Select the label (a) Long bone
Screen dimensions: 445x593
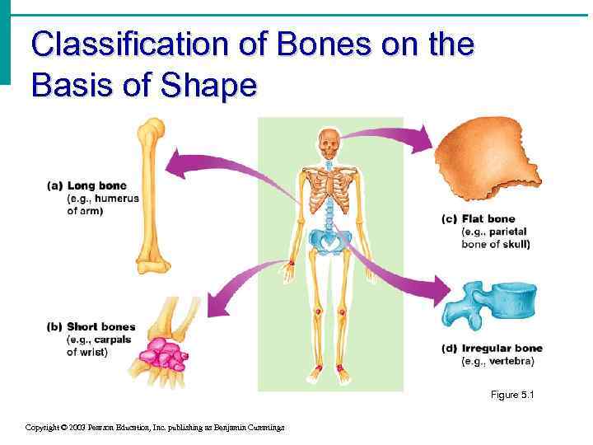point(86,185)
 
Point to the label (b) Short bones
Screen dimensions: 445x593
point(91,327)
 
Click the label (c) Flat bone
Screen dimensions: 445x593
point(479,218)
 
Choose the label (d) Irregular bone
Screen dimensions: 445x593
point(492,349)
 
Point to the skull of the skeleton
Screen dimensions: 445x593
point(329,145)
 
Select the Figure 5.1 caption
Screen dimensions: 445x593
point(512,396)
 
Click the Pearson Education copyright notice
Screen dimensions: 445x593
point(155,427)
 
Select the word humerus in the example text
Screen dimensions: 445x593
point(117,199)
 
